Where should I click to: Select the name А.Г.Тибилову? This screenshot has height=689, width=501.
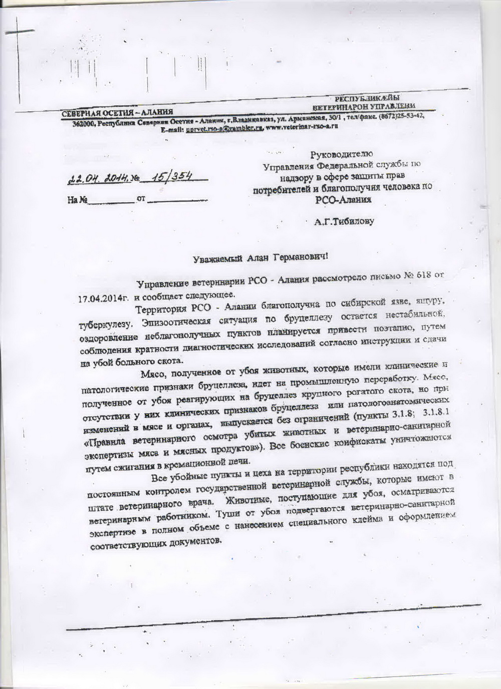coord(344,221)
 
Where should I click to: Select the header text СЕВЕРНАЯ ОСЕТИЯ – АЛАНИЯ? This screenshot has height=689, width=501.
coord(117,112)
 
